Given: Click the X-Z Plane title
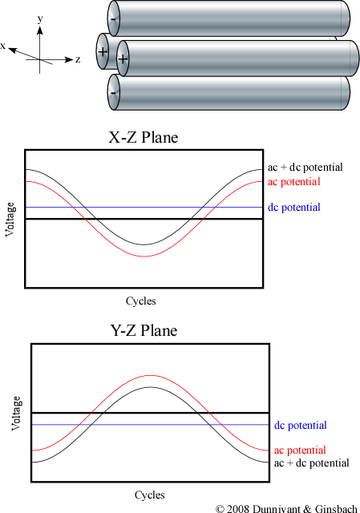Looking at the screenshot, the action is click(144, 137).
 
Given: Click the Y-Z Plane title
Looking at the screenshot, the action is click(144, 330).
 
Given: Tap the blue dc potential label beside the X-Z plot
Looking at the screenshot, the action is click(294, 208).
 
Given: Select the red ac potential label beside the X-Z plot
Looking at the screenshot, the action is click(294, 182).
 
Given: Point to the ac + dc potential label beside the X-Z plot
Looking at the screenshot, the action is click(305, 168).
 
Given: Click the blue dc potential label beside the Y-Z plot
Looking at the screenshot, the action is click(301, 426).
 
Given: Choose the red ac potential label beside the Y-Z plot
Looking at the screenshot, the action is click(300, 450).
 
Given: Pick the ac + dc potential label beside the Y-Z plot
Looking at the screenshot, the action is click(312, 463).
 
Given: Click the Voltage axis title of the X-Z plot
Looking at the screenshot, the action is click(10, 219).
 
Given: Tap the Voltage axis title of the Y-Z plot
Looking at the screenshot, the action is click(16, 414).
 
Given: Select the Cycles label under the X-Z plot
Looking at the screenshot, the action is click(141, 301).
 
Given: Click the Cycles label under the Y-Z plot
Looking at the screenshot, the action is click(150, 495).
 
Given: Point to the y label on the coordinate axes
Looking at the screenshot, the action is click(40, 19).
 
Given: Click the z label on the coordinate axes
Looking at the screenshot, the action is click(78, 59).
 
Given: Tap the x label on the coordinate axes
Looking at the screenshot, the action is click(3, 46).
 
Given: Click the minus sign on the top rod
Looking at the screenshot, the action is click(113, 19).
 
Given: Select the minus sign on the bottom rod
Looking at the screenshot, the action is click(113, 93).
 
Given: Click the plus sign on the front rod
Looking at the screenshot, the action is click(123, 59).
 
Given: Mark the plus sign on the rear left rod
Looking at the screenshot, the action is click(103, 51).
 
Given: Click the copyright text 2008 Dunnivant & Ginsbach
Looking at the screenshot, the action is click(287, 508).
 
